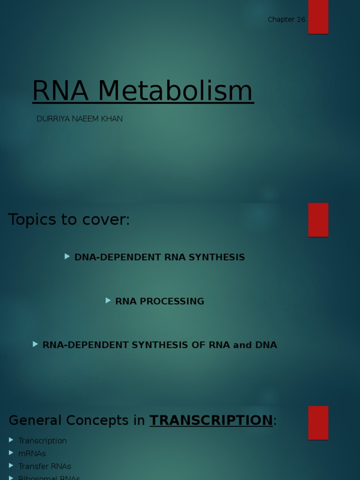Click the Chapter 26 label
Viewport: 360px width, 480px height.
pos(286,20)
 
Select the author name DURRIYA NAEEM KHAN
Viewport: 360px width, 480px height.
pos(80,119)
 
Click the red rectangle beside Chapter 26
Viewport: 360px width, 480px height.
pos(318,16)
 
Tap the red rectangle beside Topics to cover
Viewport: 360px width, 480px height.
pos(318,219)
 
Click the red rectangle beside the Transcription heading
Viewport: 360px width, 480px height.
pos(318,422)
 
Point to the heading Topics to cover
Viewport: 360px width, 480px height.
pos(69,219)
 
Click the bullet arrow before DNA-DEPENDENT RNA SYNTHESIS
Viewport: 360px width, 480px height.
pos(67,256)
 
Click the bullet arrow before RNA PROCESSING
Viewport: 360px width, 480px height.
pos(108,300)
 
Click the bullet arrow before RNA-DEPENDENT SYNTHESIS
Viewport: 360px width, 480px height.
pos(36,344)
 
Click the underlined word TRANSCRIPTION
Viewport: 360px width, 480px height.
pos(211,420)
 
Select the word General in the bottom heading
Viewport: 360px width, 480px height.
pos(35,420)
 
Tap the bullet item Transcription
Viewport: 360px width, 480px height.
pos(43,441)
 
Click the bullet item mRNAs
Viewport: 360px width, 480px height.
pos(32,454)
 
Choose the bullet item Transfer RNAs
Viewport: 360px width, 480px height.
pos(45,466)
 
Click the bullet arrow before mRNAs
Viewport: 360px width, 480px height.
pos(11,453)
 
